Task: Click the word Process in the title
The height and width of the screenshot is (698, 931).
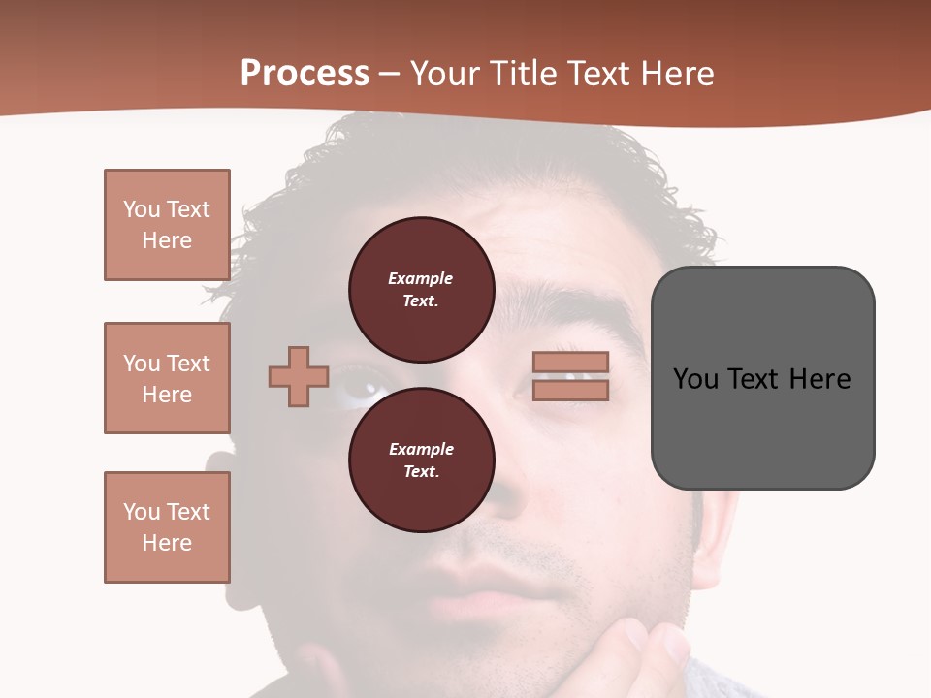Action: tap(305, 74)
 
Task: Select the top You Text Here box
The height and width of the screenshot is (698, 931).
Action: tap(167, 225)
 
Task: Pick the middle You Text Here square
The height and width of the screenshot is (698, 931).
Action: tap(167, 378)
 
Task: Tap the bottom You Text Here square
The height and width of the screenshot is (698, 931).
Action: tap(167, 527)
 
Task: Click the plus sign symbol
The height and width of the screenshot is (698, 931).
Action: tap(299, 376)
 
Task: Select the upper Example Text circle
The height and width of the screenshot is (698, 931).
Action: tap(421, 290)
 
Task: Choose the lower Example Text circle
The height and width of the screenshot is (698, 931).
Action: tap(421, 460)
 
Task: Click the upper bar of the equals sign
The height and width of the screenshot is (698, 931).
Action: tap(571, 362)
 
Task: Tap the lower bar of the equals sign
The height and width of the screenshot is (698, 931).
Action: tap(571, 391)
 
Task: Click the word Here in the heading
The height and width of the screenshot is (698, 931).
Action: tap(677, 74)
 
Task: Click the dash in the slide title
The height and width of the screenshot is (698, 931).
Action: tap(390, 74)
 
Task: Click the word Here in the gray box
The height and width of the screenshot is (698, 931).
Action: tap(819, 379)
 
